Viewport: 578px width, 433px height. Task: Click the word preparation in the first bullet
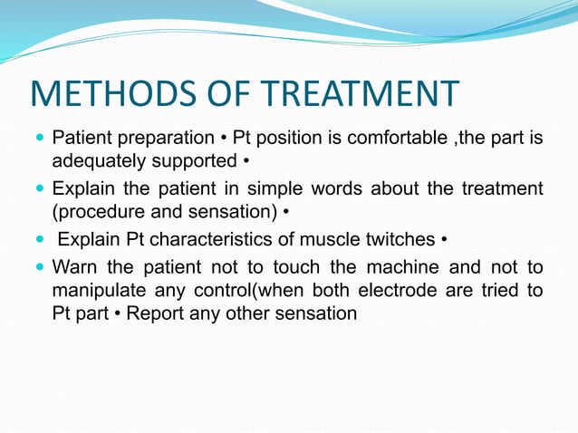click(165, 140)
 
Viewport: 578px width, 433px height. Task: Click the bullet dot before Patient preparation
click(39, 140)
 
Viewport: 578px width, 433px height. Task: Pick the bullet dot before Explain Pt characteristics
click(39, 240)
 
